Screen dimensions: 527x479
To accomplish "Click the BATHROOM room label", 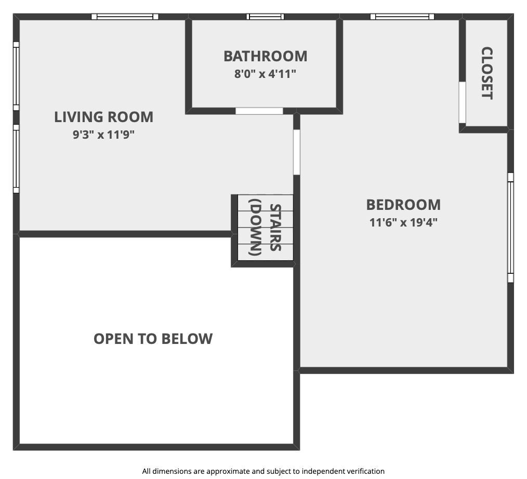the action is [266, 56].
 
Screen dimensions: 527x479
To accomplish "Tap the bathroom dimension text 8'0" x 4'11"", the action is [265, 74].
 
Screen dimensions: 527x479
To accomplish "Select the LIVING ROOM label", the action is [103, 117].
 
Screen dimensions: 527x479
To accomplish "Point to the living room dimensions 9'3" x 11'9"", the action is [103, 135].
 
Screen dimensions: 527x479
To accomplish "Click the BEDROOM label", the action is [403, 205].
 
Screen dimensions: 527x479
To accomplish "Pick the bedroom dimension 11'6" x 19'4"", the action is [403, 222].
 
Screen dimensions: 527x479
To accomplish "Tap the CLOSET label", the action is [487, 73].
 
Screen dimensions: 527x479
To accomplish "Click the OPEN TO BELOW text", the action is [153, 339].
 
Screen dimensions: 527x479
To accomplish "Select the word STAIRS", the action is [275, 228].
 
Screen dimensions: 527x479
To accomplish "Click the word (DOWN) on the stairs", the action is [255, 228].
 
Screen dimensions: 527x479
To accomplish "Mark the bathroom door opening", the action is [259, 111].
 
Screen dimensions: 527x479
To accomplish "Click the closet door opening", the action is [463, 102].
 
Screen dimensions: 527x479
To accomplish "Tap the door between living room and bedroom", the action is [296, 152].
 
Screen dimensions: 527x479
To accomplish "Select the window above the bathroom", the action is [265, 17].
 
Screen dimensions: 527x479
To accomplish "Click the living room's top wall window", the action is [125, 17].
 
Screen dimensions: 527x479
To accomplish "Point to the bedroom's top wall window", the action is [402, 17].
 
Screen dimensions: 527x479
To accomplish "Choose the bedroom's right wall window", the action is [510, 228].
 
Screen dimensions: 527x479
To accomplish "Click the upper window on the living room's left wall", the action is [16, 76].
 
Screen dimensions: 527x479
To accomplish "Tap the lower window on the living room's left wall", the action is [16, 158].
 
